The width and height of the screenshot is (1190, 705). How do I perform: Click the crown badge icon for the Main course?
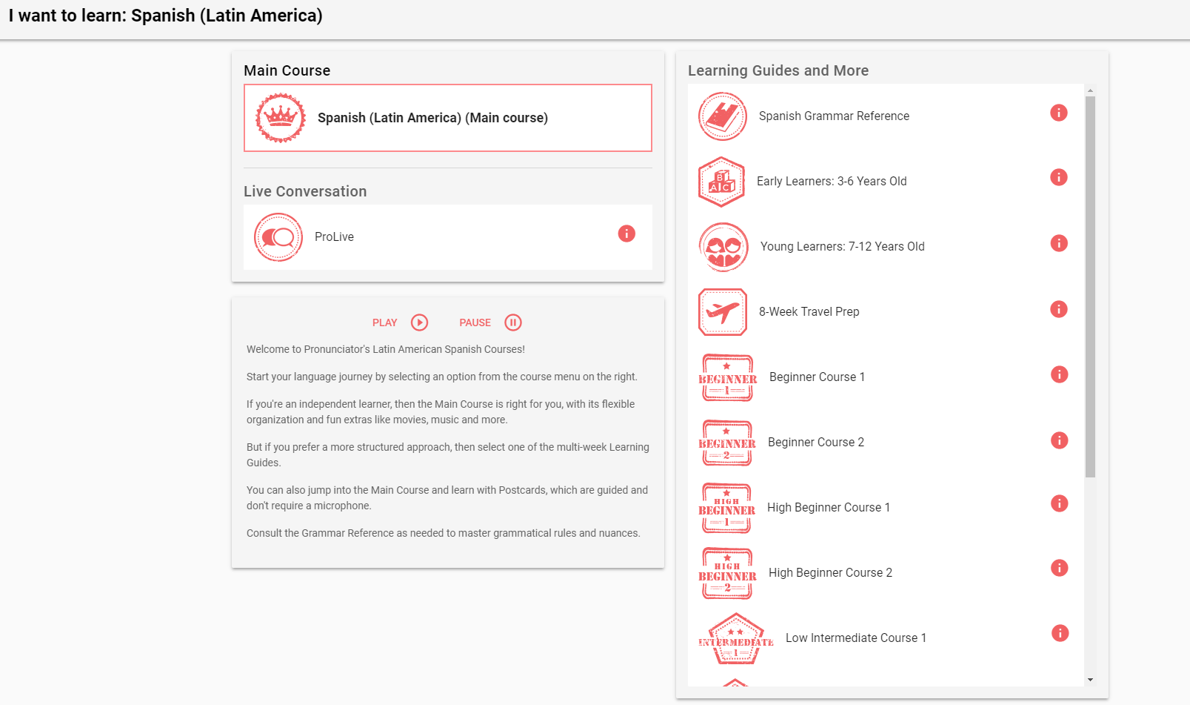coord(281,117)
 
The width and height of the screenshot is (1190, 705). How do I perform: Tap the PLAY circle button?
coord(419,322)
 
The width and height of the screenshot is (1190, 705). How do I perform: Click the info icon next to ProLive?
coord(626,234)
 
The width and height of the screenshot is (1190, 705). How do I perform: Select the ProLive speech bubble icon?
coord(278,237)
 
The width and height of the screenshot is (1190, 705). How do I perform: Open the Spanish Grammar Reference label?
coord(834,116)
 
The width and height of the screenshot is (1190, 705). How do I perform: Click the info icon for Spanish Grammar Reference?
coord(1059,113)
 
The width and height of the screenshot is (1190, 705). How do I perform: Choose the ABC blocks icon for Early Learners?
coord(721,182)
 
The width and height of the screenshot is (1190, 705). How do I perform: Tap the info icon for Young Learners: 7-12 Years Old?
coord(1059,243)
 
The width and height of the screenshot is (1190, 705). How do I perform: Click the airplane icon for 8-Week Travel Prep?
coord(723,312)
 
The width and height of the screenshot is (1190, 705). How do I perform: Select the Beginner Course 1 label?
coord(817,377)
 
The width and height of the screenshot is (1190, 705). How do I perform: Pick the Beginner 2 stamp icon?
coord(726,443)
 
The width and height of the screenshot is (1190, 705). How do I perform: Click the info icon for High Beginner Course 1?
coord(1060,503)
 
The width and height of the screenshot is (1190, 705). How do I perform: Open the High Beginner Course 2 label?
coord(830,572)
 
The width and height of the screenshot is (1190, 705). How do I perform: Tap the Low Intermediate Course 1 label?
coord(856,638)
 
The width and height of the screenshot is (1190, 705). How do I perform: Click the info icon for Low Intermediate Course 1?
coord(1060,632)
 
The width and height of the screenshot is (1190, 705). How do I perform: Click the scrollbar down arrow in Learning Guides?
coord(1090,680)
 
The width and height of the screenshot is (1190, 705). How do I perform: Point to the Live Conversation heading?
coord(305,191)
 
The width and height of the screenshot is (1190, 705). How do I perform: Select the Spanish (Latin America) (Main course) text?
coord(432,118)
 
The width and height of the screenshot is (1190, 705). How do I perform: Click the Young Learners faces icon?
coord(723,247)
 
